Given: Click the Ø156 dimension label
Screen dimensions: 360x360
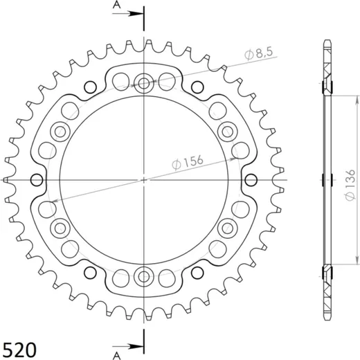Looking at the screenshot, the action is pos(188,162).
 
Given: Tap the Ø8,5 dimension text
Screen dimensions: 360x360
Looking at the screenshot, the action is pos(259,53).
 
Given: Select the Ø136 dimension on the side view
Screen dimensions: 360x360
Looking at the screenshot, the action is pos(350,185).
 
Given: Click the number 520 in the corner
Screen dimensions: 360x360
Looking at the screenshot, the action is pos(19,350).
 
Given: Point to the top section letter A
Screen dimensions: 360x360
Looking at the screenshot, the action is pos(117,5).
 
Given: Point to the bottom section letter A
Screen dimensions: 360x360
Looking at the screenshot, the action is pos(117,356).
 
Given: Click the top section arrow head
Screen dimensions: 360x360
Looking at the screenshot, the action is pos(136,14).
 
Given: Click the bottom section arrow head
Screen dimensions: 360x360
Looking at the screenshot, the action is pos(136,346).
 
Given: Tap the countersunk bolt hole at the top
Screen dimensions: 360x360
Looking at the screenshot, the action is pos(144,83).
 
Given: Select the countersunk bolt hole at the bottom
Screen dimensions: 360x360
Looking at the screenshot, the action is pos(144,276).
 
